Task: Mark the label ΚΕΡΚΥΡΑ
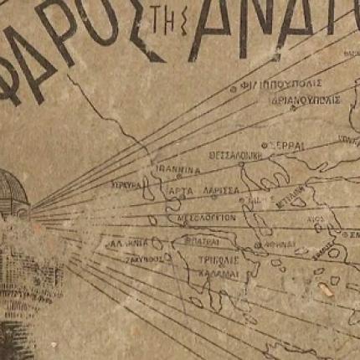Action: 127,182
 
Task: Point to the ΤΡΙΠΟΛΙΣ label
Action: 203,260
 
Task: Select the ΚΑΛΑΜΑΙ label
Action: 202,273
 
